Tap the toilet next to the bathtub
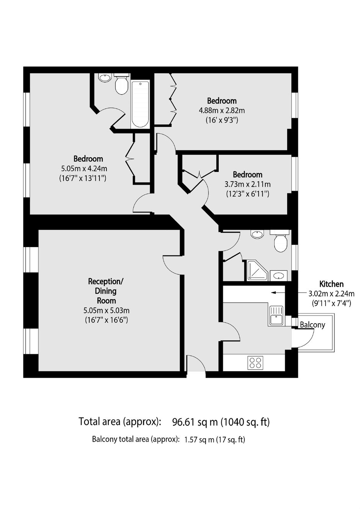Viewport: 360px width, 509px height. [x=121, y=83]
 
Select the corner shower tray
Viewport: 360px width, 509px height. [x=257, y=270]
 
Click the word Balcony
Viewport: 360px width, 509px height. [x=313, y=325]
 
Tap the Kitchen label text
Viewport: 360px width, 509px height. [x=331, y=284]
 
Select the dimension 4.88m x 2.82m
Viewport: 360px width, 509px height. [x=222, y=111]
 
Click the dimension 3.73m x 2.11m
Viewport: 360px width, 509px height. [x=248, y=184]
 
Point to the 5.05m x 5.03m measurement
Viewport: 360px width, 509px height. [x=106, y=310]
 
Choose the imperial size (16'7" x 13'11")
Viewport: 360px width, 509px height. [x=83, y=178]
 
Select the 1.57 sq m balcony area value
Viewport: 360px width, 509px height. [x=199, y=440]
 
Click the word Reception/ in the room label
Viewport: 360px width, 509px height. [x=106, y=282]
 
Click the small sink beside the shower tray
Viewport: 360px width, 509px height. [x=279, y=276]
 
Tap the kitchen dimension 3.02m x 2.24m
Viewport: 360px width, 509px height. [x=331, y=294]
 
